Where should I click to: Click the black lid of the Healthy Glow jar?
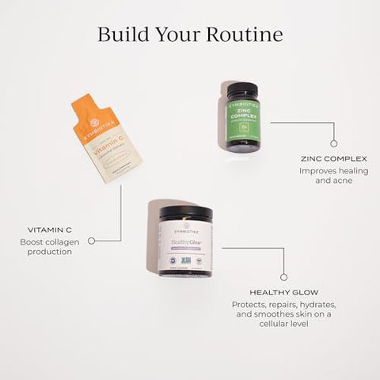185,213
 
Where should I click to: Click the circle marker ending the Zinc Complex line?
333,143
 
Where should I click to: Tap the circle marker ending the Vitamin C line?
91,240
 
